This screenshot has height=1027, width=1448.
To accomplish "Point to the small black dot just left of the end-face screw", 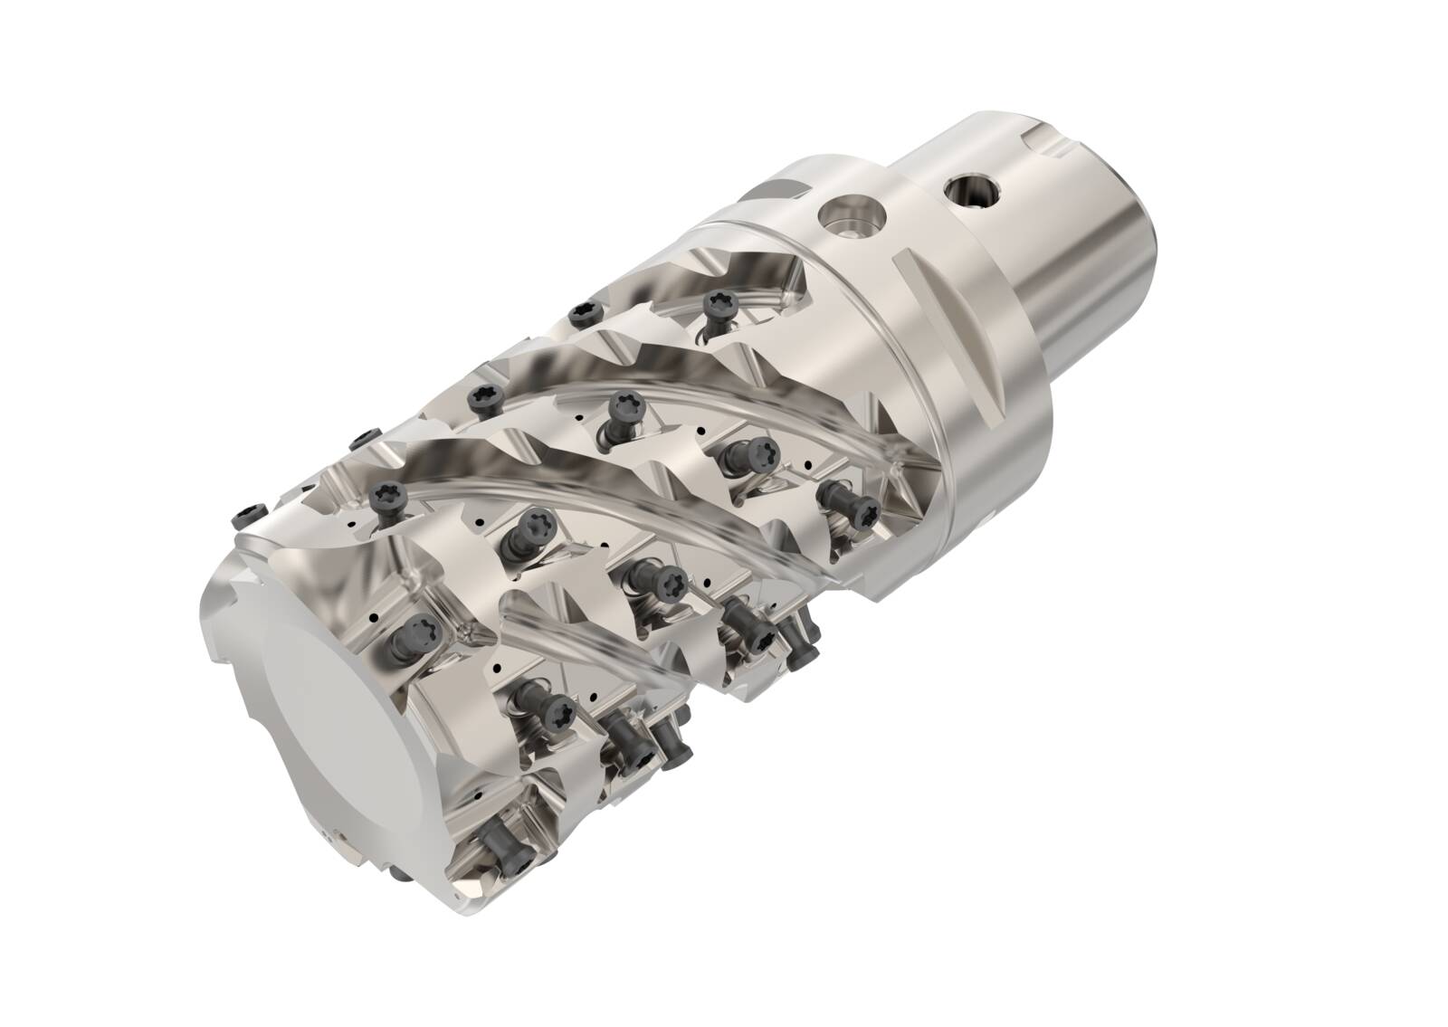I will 372,618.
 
